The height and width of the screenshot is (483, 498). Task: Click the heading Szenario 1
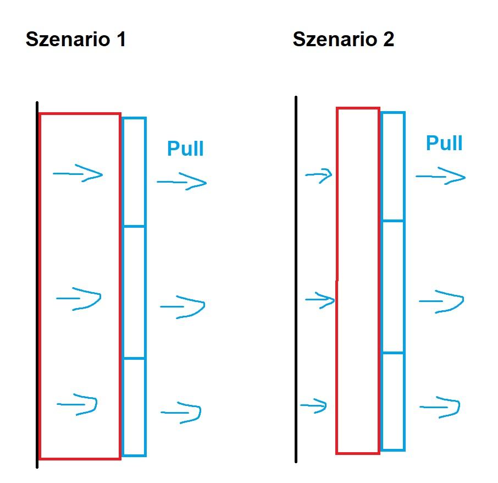[76, 40]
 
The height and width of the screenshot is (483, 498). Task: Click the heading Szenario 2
[343, 40]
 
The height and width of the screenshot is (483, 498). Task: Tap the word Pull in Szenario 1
[185, 149]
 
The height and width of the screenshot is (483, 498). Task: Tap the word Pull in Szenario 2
[444, 143]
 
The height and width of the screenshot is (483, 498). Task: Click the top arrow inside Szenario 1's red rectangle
[78, 175]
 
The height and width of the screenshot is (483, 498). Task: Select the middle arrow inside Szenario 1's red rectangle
[79, 299]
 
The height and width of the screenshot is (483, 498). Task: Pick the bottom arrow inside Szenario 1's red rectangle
[78, 405]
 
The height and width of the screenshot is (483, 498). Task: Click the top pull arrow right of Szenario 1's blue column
[182, 182]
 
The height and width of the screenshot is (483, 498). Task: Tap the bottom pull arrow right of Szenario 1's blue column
[181, 412]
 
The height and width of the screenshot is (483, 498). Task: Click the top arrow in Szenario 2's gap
[319, 175]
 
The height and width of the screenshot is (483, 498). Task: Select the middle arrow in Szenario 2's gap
[320, 300]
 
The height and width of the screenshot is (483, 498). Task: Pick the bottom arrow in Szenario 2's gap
[313, 407]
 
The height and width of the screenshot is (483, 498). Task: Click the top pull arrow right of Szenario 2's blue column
[441, 177]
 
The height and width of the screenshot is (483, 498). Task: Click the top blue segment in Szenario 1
[134, 172]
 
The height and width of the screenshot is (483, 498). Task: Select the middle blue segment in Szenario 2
[392, 286]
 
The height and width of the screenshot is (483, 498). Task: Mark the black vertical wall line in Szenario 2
[296, 275]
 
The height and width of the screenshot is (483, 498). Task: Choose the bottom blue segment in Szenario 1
[134, 407]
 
